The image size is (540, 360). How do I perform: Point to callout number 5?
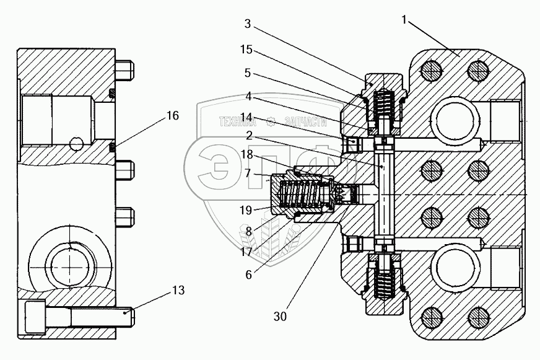(247, 72)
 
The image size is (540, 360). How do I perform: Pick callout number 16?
(172, 116)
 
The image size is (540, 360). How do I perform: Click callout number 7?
(247, 175)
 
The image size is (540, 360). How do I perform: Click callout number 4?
(247, 97)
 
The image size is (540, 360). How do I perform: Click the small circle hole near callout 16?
(76, 144)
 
